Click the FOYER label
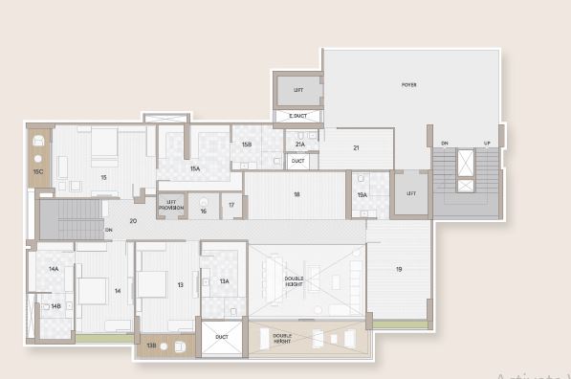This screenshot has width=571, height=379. tap(409, 85)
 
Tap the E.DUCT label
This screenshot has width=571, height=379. tap(298, 117)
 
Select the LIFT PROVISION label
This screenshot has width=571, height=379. tap(172, 204)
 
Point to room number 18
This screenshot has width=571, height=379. tap(296, 194)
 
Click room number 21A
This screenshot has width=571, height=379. tap(300, 145)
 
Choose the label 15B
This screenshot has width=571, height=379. tap(246, 145)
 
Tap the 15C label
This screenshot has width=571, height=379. tap(37, 171)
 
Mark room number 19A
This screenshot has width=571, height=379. tap(362, 194)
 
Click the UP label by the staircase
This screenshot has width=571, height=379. tap(487, 144)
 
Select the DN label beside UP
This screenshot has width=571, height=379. tap(444, 144)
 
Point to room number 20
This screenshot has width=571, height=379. tap(133, 221)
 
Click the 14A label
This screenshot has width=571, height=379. tap(55, 269)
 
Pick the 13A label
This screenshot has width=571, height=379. tap(224, 281)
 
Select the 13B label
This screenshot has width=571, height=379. tap(151, 345)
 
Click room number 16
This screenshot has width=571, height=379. tap(203, 211)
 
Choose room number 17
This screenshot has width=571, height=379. tap(231, 205)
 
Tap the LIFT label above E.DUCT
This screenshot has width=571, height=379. tap(298, 89)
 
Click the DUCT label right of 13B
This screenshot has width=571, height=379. tap(222, 337)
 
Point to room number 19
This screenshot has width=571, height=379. tap(399, 269)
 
